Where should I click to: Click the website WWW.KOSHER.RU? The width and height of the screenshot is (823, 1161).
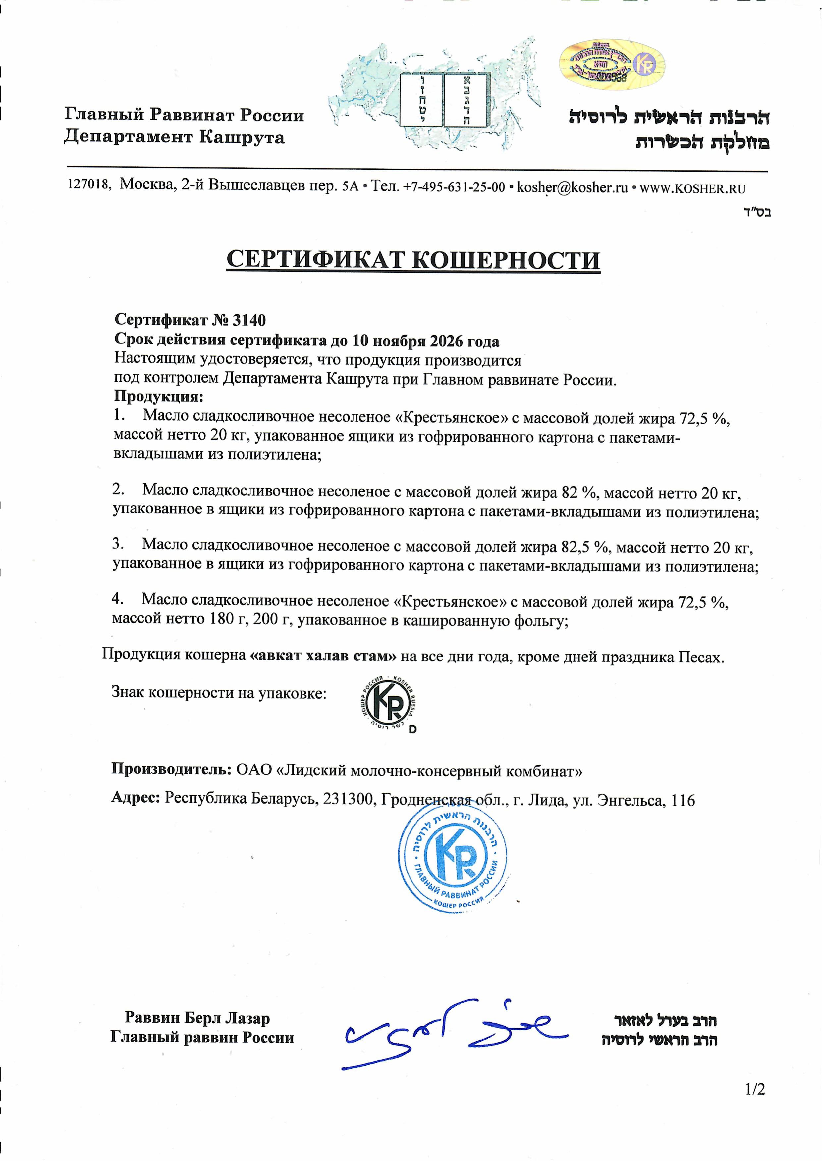coord(693,189)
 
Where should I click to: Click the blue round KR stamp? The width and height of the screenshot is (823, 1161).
coord(452,856)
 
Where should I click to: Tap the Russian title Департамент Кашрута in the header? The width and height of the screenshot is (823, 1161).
coord(174,137)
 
